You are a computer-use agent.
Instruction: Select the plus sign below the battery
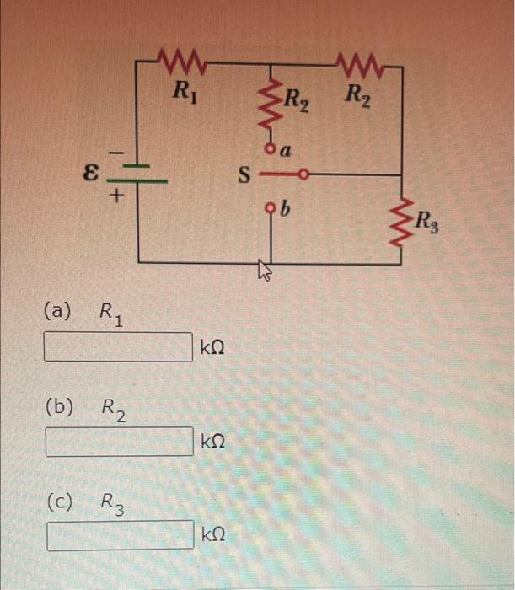118,196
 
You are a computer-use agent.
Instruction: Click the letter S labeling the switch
245,177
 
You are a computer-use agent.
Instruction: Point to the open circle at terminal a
271,148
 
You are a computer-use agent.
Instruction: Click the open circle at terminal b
271,206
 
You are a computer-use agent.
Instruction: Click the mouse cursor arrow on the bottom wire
265,270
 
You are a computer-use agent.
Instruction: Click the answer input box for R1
119,346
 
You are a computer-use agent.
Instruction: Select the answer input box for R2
119,441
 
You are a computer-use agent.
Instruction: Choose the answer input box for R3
120,535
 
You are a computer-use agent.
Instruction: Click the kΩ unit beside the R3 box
213,534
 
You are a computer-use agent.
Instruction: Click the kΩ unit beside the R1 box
212,346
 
